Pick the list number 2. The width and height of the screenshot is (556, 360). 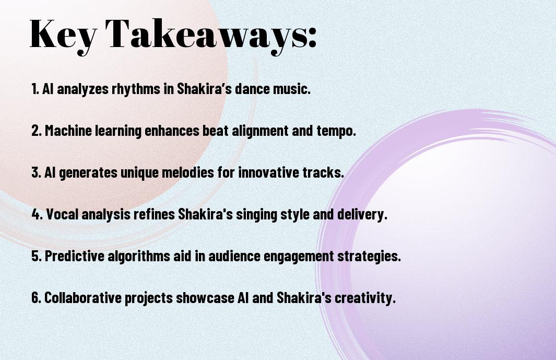[x=36, y=131]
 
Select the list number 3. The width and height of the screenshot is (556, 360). [x=36, y=172]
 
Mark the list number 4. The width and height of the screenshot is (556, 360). [x=37, y=214]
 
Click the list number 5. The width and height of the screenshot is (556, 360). [x=36, y=256]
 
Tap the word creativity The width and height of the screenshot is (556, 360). [x=365, y=298]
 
